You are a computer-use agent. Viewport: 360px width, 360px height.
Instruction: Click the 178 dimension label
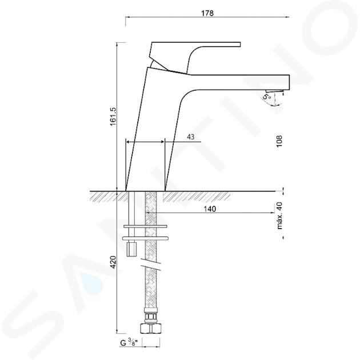pos(207,13)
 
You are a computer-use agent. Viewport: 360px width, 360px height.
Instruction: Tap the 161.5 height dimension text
pos(114,116)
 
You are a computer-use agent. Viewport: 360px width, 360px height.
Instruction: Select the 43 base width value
pos(190,137)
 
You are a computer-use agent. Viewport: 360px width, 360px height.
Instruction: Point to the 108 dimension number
pos(279,142)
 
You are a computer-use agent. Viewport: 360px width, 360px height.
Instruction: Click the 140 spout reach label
pos(210,209)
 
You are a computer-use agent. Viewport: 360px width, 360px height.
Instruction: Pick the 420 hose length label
pos(114,262)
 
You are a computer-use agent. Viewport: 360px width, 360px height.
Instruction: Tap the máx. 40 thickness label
pos(279,216)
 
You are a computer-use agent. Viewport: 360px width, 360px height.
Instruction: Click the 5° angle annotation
pos(267,97)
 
